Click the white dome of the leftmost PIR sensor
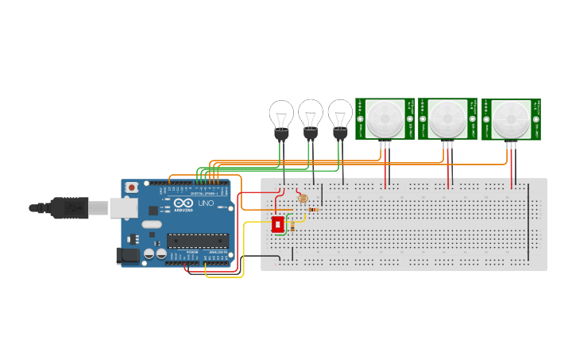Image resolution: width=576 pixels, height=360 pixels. pos(385,118)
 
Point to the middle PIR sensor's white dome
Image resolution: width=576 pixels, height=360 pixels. pos(447,118)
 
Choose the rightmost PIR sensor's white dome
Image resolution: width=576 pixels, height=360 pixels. pos(511,119)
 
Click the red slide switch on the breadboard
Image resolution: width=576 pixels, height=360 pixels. pos(278,225)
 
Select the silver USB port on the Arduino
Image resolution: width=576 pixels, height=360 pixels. pos(124,207)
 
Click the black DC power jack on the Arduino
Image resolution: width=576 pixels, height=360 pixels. pos(127,255)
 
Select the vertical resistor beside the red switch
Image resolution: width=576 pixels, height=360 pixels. pos(292,226)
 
